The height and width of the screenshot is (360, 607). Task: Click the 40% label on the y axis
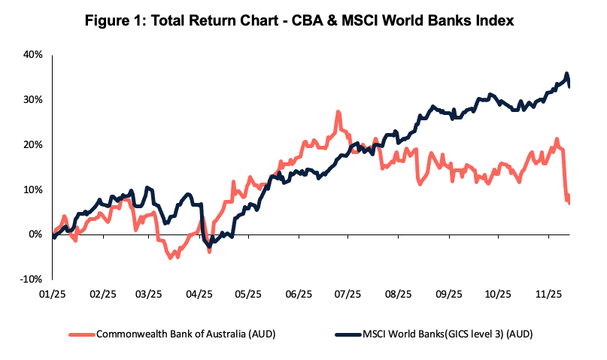pos(32,55)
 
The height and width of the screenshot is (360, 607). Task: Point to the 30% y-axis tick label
pos(32,100)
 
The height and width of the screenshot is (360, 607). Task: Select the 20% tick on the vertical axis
pos(32,144)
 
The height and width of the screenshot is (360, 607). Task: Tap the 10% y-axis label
pos(32,189)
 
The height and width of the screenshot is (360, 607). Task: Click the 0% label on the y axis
pos(35,234)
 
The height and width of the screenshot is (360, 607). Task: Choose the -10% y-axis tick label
pos(31,279)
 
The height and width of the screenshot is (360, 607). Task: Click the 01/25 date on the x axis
pos(52,295)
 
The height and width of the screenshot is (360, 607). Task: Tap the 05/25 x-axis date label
pos(249,295)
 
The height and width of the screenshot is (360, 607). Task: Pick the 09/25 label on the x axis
pos(449,295)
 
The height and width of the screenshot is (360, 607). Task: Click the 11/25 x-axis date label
pos(549,295)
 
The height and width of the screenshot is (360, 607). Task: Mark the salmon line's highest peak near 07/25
pos(338,113)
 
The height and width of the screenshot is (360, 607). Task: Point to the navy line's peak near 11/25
pos(566,74)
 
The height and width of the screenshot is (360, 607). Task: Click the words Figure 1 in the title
pos(121,21)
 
